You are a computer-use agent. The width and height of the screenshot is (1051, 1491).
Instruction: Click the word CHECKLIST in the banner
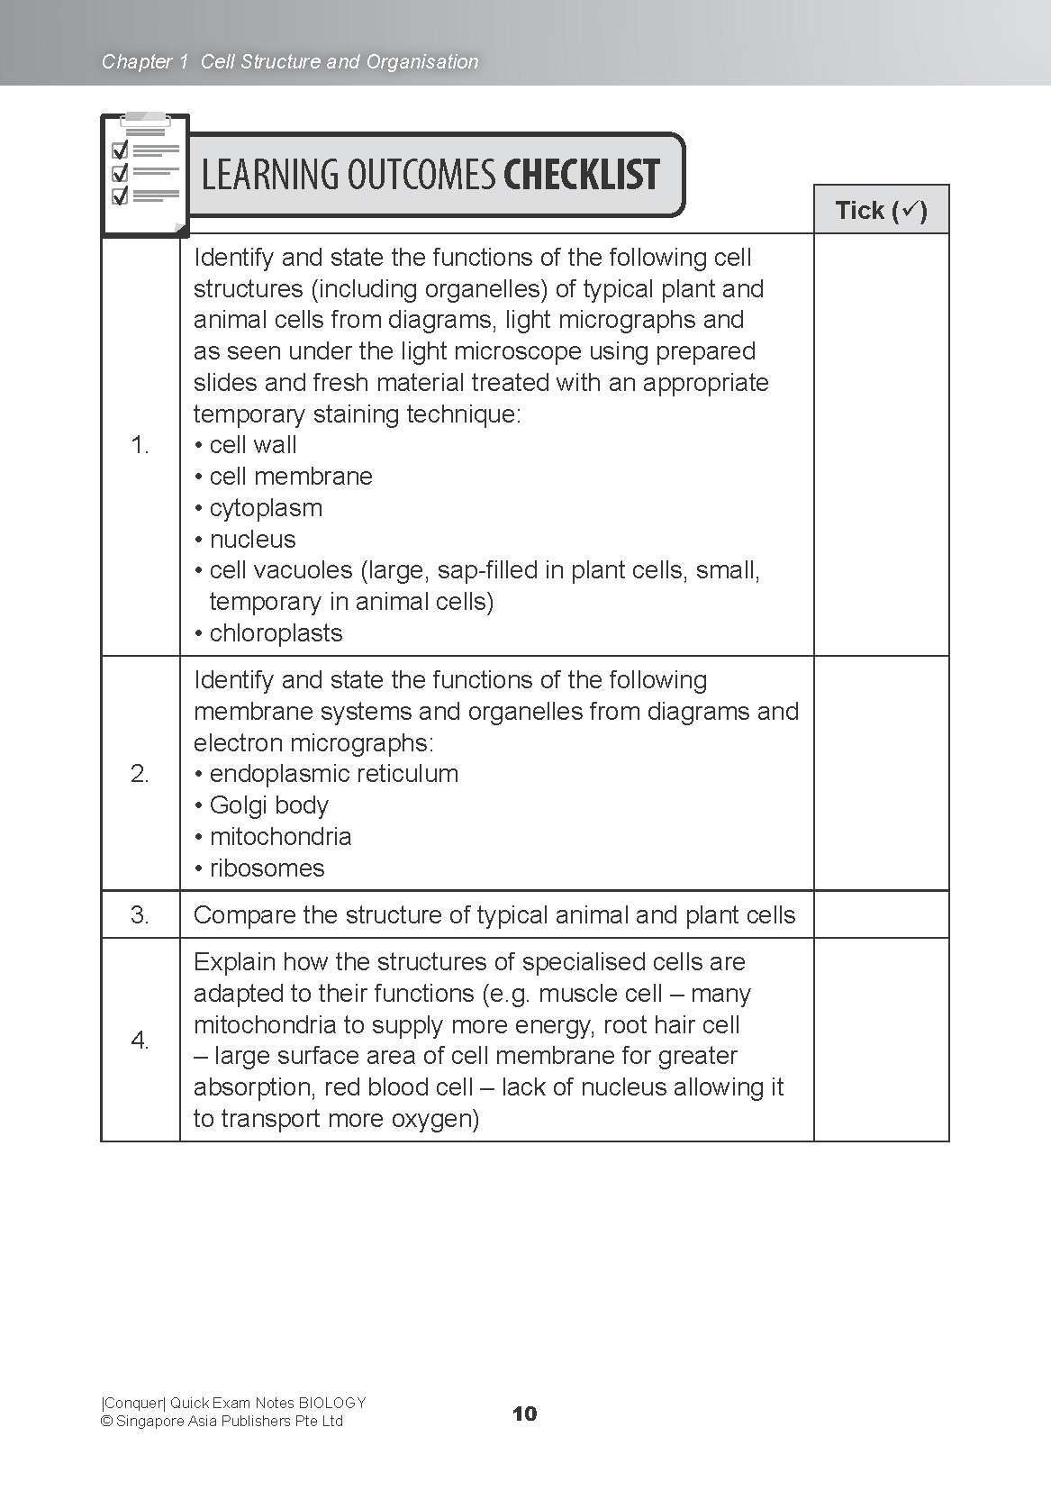(581, 175)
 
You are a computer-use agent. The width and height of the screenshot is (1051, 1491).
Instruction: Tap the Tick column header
(881, 211)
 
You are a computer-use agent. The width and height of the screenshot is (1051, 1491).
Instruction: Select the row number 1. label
(140, 445)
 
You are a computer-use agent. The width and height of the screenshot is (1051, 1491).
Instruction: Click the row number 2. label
(140, 774)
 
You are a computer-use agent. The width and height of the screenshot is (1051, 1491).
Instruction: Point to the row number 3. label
(140, 915)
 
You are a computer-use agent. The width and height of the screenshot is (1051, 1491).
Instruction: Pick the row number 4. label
(140, 1041)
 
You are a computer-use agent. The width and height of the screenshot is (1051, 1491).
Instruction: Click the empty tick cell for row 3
(881, 915)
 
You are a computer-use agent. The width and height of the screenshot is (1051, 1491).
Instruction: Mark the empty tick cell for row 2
(881, 774)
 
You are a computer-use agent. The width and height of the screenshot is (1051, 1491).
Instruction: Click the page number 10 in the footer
(524, 1414)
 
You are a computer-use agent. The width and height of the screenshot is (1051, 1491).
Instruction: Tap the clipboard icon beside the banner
(144, 173)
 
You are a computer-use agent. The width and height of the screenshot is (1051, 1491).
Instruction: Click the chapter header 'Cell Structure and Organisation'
(340, 62)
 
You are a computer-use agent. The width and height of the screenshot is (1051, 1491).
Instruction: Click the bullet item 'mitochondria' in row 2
(279, 837)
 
